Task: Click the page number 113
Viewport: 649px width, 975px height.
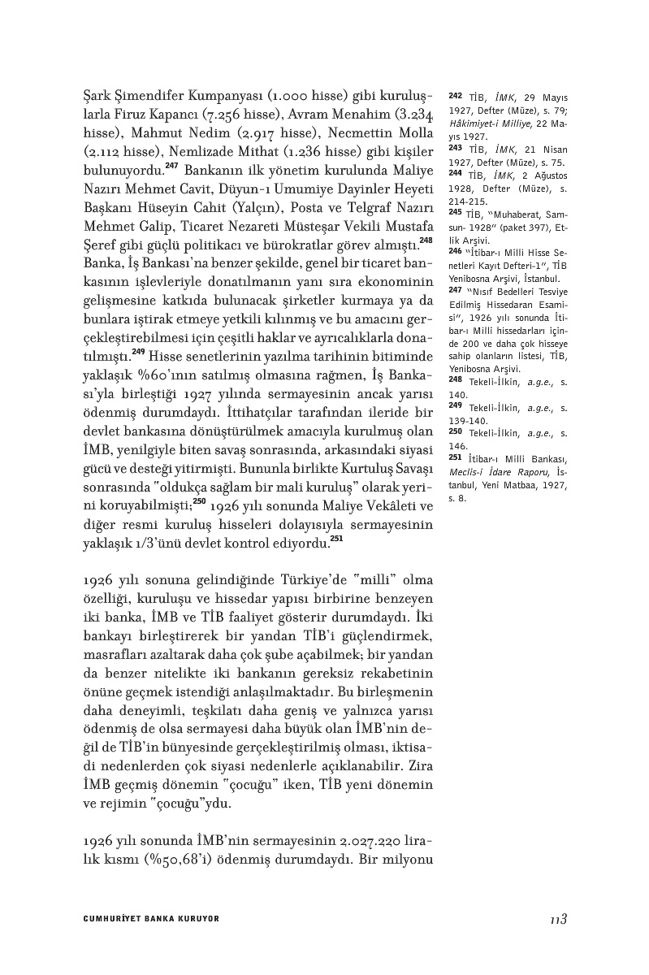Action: (x=556, y=919)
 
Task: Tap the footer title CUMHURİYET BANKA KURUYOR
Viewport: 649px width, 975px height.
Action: (x=151, y=919)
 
